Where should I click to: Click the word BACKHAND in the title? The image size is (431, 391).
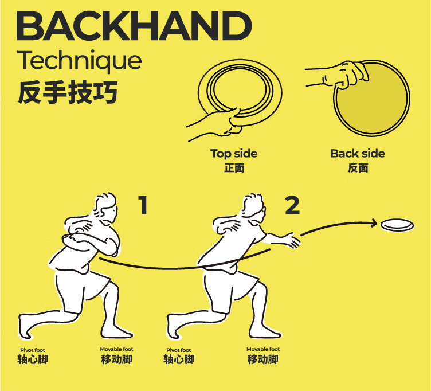pyautogui.click(x=134, y=26)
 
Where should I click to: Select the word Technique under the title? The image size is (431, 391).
pyautogui.click(x=80, y=61)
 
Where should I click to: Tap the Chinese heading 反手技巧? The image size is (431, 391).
pyautogui.click(x=68, y=92)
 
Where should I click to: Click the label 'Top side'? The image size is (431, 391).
pyautogui.click(x=234, y=154)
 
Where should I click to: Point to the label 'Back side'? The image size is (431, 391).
pyautogui.click(x=358, y=154)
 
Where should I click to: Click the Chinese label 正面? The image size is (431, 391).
pyautogui.click(x=234, y=168)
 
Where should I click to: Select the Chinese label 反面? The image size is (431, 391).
pyautogui.click(x=358, y=168)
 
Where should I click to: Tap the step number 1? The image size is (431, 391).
pyautogui.click(x=143, y=205)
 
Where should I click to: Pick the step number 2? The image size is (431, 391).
pyautogui.click(x=292, y=205)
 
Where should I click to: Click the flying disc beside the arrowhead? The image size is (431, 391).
pyautogui.click(x=397, y=225)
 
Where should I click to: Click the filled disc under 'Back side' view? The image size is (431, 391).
pyautogui.click(x=371, y=98)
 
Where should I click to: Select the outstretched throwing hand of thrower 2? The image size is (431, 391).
pyautogui.click(x=293, y=240)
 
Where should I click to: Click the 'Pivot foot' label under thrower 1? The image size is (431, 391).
pyautogui.click(x=33, y=350)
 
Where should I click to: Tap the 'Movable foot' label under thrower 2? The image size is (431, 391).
pyautogui.click(x=263, y=349)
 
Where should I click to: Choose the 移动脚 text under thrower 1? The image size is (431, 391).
pyautogui.click(x=116, y=359)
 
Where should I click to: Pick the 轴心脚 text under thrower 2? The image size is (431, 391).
pyautogui.click(x=179, y=359)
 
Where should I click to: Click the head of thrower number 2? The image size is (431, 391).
pyautogui.click(x=254, y=208)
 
